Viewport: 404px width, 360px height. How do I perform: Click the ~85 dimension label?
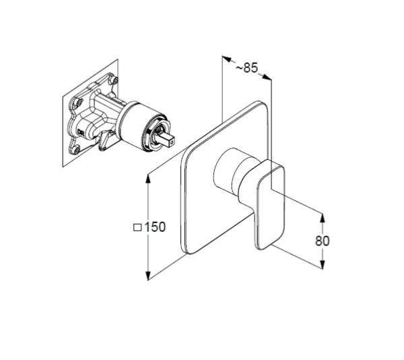point(246,68)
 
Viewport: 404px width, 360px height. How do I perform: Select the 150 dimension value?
point(155,227)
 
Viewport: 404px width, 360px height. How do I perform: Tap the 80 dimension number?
point(322,241)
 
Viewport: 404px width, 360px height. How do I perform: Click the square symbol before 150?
point(137,227)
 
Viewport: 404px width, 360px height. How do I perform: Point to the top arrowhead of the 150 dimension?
point(148,179)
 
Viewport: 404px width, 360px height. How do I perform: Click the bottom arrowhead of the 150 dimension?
point(148,276)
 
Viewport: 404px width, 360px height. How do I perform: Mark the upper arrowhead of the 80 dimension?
point(323,218)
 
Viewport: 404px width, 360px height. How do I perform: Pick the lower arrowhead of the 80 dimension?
point(323,264)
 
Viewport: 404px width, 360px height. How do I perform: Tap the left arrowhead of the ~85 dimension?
point(226,59)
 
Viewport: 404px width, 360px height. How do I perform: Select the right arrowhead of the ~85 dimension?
point(267,77)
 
